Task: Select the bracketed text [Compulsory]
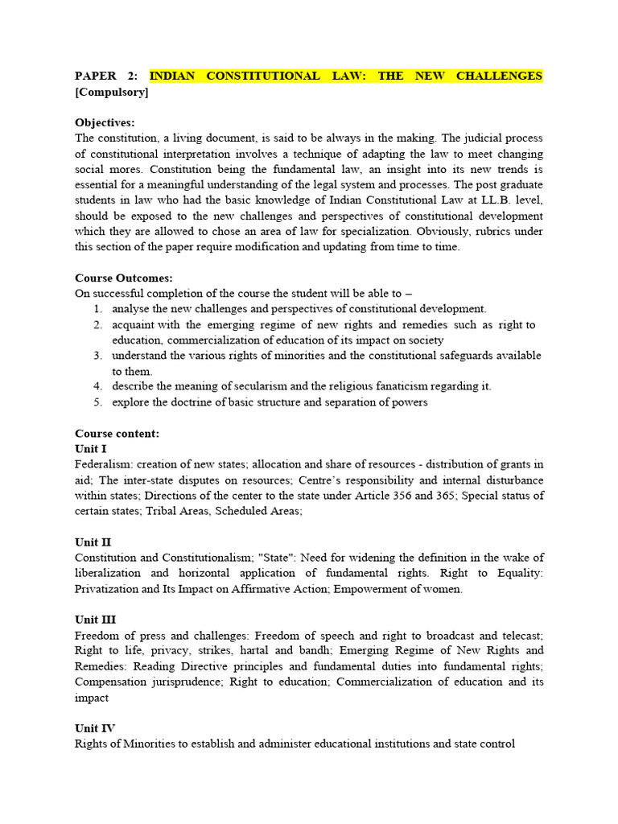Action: tap(112, 92)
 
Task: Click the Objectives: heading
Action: tap(105, 122)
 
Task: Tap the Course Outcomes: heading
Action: tap(123, 278)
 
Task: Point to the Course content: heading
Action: tap(117, 433)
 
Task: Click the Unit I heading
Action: tap(90, 448)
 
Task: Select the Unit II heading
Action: tap(93, 542)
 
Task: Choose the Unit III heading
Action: tap(95, 619)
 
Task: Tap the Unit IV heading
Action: tap(95, 728)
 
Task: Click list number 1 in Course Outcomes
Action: tap(97, 309)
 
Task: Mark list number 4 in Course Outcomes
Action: tap(97, 386)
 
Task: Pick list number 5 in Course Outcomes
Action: tap(97, 402)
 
